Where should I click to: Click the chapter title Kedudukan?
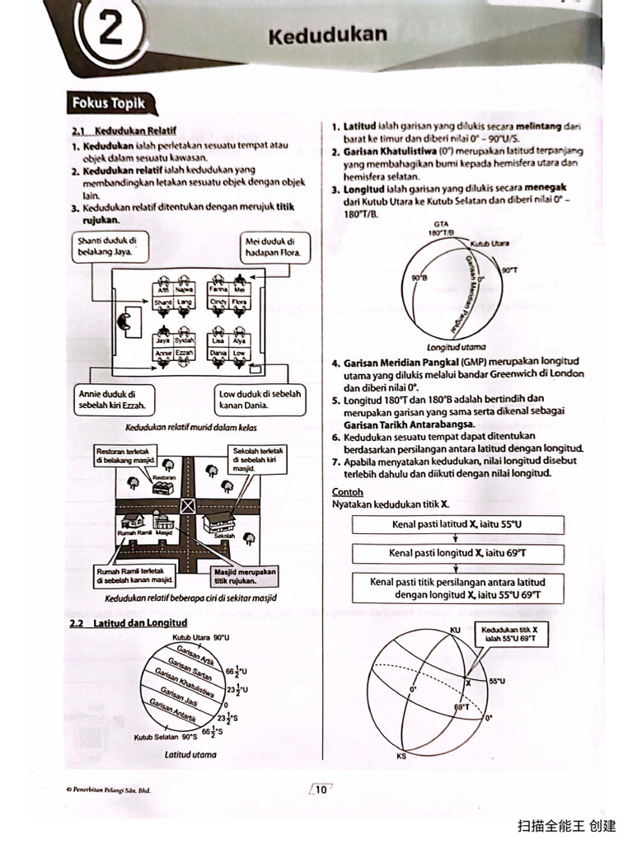(x=327, y=35)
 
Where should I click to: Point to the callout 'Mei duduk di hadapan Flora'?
(x=274, y=246)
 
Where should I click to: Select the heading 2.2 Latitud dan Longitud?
(x=129, y=623)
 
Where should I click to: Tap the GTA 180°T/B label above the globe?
(x=441, y=228)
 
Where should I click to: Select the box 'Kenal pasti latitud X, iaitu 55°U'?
(x=457, y=524)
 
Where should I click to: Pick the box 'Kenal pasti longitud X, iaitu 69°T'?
(x=457, y=553)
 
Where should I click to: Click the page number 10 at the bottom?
(x=321, y=789)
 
